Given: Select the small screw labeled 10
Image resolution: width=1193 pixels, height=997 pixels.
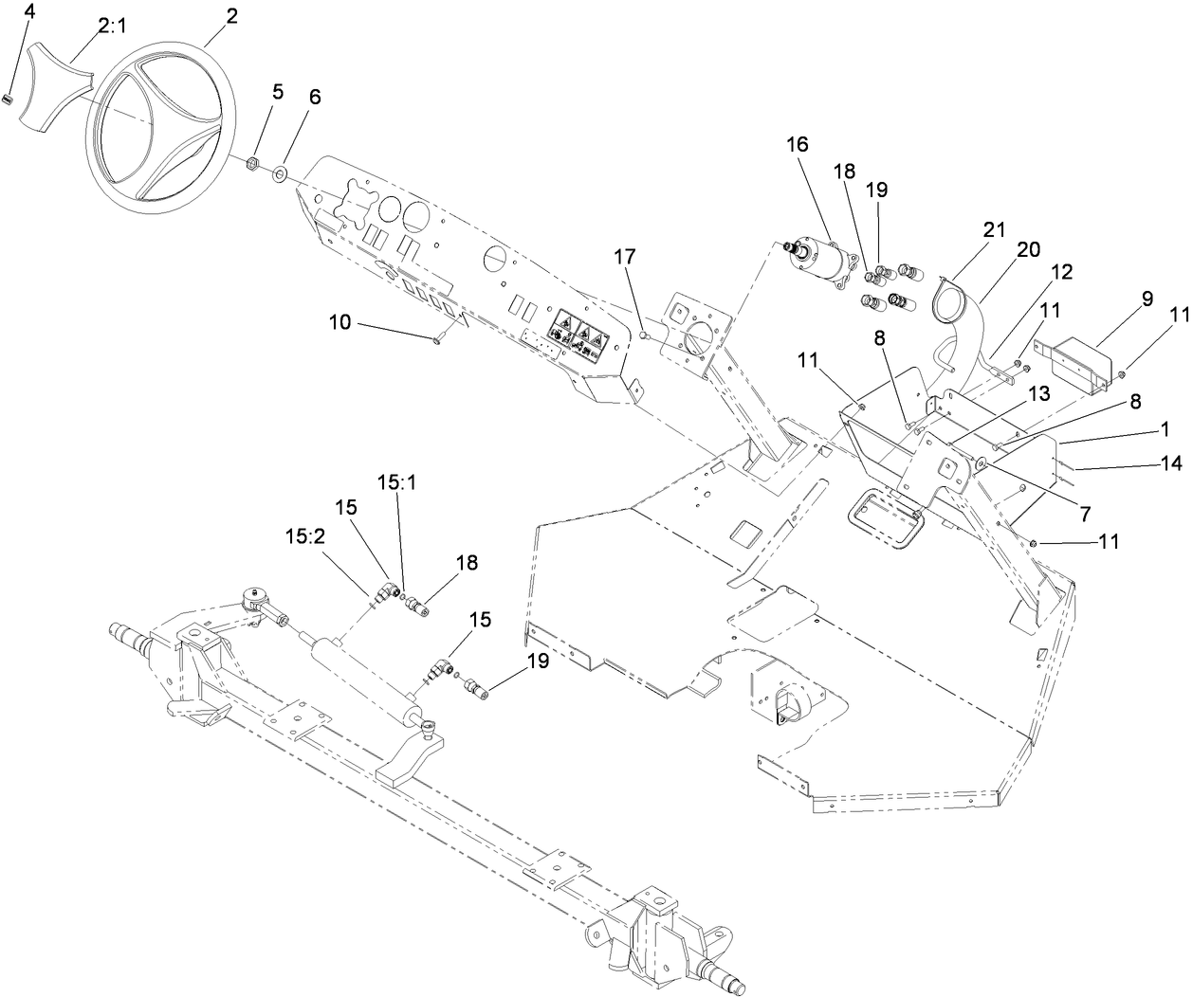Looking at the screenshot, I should click(437, 340).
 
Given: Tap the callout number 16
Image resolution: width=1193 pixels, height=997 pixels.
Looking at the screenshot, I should click(798, 144).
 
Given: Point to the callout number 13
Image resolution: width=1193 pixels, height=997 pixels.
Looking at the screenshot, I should click(1012, 393).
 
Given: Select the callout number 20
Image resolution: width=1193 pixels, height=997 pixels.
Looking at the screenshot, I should click(1028, 250).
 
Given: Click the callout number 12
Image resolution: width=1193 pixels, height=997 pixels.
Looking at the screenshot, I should click(1060, 272).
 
